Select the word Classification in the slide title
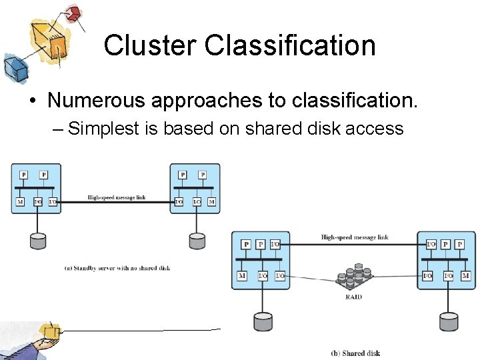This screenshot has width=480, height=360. pos(290,45)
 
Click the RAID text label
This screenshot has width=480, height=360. pos(353,296)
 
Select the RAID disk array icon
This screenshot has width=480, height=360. pos(353,279)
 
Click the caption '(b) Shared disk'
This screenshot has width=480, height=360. pos(355,353)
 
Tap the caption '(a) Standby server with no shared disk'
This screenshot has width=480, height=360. pos(117,268)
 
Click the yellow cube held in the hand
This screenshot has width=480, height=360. pos(49,331)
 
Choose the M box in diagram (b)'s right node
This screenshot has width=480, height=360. pos(465,275)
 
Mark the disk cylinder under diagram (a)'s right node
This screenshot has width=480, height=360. pos(197,240)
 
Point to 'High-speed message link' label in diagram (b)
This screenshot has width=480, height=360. pos(354,237)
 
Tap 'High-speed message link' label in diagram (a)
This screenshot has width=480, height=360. pos(116,197)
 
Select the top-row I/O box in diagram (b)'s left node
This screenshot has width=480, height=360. pos(275,245)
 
